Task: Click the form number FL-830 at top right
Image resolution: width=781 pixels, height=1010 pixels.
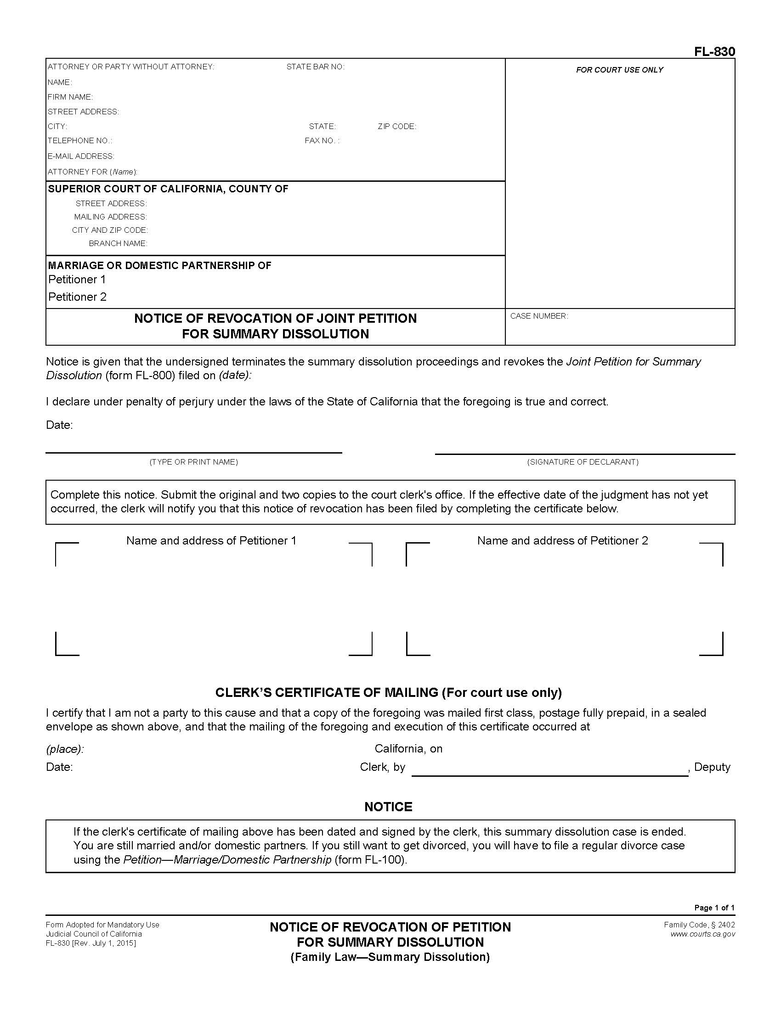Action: (x=714, y=52)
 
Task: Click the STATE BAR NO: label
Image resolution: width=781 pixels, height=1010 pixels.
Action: (x=315, y=67)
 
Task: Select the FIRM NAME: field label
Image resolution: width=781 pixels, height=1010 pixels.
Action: (x=70, y=97)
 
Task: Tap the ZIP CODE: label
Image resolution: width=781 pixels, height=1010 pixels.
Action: (x=396, y=126)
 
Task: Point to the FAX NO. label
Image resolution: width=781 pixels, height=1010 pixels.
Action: (x=322, y=140)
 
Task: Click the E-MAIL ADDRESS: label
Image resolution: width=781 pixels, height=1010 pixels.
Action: (x=81, y=156)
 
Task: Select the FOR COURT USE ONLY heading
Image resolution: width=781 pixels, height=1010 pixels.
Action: (x=619, y=70)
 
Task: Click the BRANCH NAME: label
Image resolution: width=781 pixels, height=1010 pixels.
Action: (x=118, y=243)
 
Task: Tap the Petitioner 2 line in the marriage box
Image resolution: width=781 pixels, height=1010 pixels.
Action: (x=77, y=297)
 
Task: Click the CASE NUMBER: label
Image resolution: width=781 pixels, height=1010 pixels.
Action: (x=538, y=316)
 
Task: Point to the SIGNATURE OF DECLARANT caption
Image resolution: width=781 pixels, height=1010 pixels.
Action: (x=583, y=462)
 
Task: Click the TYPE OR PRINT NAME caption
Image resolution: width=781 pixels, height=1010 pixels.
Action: (x=193, y=462)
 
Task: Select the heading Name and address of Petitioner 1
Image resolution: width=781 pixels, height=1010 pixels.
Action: (x=211, y=541)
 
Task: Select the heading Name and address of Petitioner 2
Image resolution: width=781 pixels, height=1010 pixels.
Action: (x=562, y=541)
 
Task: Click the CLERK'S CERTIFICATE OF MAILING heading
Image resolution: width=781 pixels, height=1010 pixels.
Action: (x=388, y=692)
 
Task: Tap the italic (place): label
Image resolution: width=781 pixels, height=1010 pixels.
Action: (x=65, y=749)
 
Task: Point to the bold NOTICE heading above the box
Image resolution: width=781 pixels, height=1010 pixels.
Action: (x=388, y=807)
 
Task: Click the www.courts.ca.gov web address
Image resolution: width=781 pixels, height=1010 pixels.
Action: (x=702, y=934)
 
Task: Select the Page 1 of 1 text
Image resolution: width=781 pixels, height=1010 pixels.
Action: (x=714, y=908)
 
